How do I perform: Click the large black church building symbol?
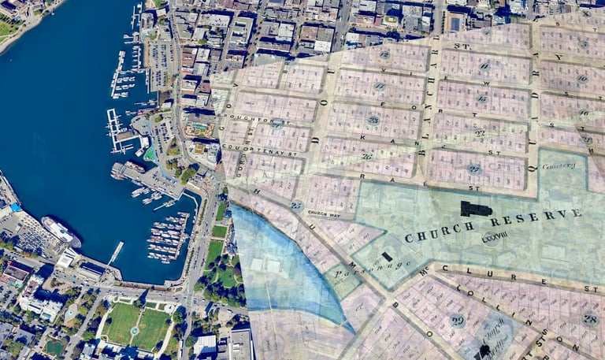tap(475, 208)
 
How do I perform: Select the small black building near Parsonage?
tap(386, 257)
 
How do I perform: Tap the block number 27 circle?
tap(473, 169)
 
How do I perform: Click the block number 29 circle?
tap(457, 320)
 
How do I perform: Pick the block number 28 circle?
tap(589, 317)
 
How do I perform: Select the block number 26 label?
tap(367, 156)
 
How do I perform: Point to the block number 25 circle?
tap(296, 206)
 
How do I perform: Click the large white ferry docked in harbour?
tap(61, 231)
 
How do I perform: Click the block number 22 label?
tap(479, 133)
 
